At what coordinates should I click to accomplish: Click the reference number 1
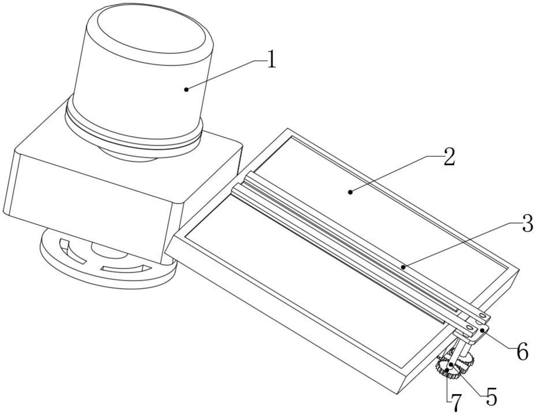click(271, 59)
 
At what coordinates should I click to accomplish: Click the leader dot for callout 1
click(186, 90)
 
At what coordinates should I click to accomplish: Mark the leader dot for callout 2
click(350, 192)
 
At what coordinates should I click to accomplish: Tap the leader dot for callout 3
click(403, 268)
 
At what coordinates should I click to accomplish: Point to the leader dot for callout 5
click(451, 365)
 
